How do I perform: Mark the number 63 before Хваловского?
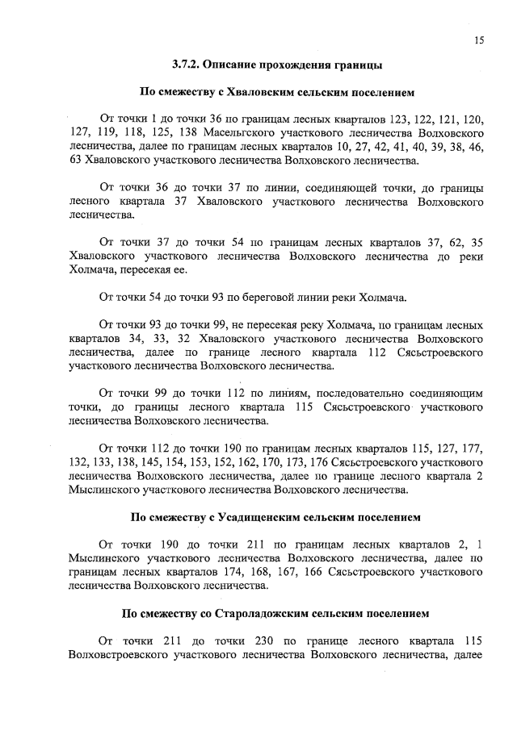tap(78, 161)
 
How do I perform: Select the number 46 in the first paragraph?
tap(477, 146)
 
